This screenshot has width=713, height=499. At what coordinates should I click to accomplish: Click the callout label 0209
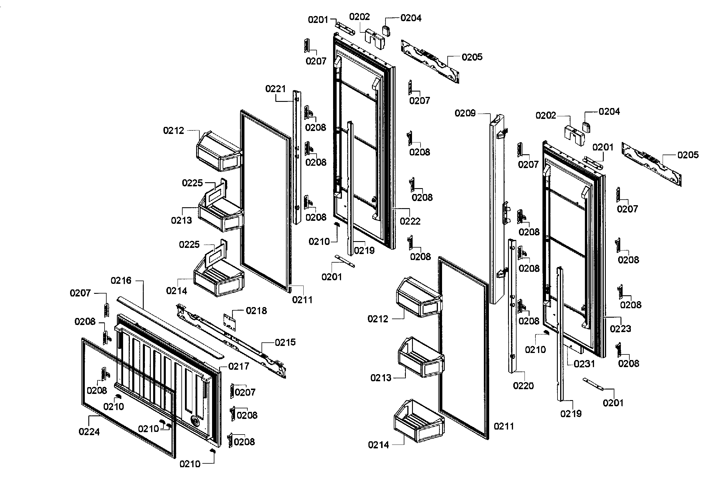coord(465,113)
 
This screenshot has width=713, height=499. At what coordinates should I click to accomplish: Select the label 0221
coord(275,89)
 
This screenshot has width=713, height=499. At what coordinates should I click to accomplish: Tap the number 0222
coord(410,221)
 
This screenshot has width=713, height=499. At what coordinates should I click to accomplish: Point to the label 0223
coord(620,329)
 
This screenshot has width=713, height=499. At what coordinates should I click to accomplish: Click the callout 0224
coord(89,432)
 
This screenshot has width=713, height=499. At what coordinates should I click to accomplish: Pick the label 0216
coord(121,281)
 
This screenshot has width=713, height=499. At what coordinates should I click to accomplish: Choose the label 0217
coord(239,367)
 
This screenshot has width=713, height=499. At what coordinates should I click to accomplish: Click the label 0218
coord(256,311)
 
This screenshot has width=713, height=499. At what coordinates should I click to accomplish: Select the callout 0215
coord(285,342)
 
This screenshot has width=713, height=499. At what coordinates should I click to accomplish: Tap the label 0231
coord(584,364)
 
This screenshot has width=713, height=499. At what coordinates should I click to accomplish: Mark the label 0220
coord(523,386)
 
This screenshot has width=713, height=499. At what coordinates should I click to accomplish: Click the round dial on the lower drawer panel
coord(195,422)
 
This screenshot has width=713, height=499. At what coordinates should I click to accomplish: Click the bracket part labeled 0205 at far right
coord(652,165)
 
